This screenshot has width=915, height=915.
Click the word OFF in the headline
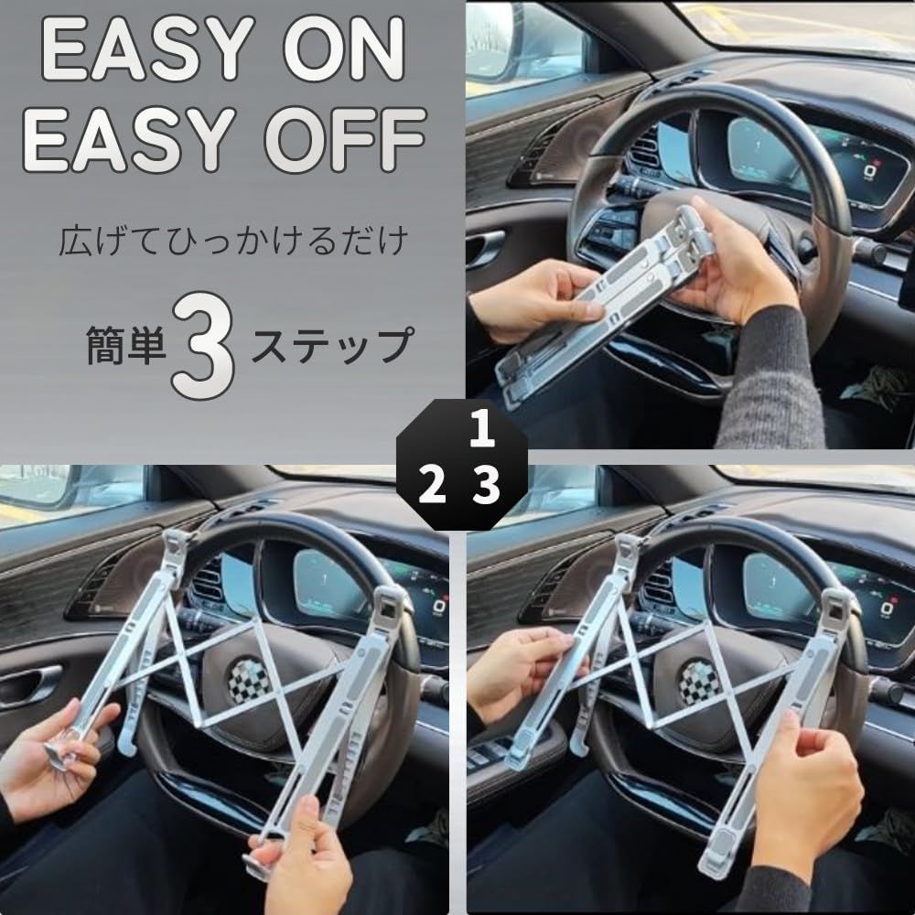pos(346,139)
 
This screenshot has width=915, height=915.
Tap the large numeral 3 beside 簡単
pos(204,345)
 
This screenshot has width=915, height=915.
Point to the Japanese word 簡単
pos(126,346)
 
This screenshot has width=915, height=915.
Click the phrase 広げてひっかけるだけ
pos(232,241)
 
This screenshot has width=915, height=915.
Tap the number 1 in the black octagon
pos(482,429)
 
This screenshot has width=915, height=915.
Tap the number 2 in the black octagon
pos(433,486)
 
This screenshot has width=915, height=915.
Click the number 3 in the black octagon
pos(486,486)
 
